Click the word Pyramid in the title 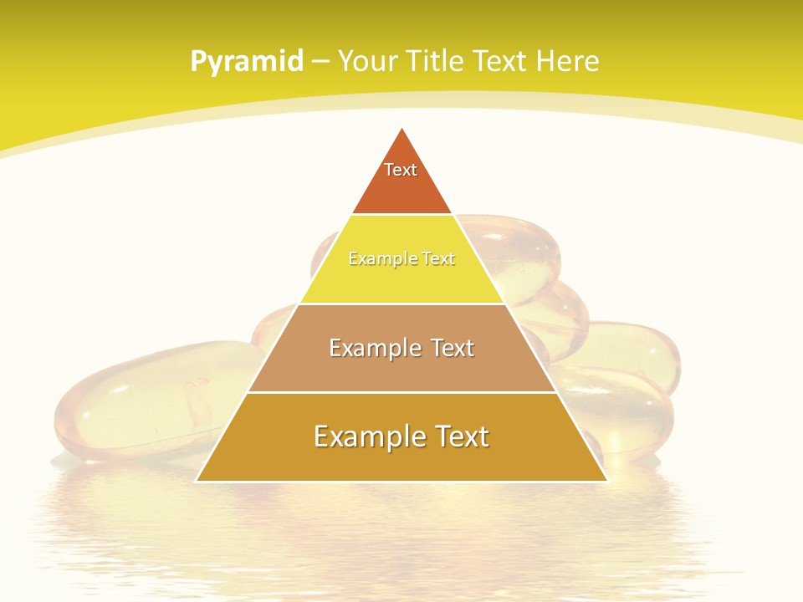(247, 61)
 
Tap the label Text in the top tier (401, 170)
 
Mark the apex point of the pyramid (401, 129)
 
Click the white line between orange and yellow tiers (401, 214)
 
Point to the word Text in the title (501, 61)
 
